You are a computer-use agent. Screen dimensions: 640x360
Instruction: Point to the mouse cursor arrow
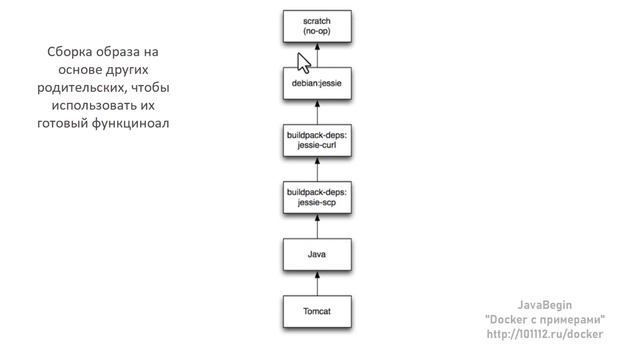(304, 62)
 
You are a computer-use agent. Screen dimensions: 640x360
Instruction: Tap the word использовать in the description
(88, 105)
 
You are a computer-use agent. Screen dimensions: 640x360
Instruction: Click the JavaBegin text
(544, 304)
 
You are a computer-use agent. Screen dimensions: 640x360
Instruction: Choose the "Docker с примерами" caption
(544, 318)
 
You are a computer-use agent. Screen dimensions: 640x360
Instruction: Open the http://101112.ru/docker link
(544, 333)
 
